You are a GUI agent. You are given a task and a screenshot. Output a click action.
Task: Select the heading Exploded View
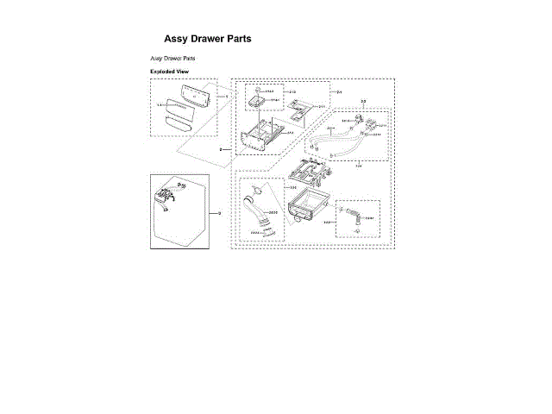coord(169,71)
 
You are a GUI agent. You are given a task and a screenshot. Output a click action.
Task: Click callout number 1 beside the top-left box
coord(227,97)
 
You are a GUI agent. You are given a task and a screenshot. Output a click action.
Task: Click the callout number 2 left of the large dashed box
coord(221,149)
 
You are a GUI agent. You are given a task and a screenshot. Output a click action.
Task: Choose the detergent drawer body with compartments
coord(263,136)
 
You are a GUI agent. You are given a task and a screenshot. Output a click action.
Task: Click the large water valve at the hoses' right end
coord(372,131)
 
